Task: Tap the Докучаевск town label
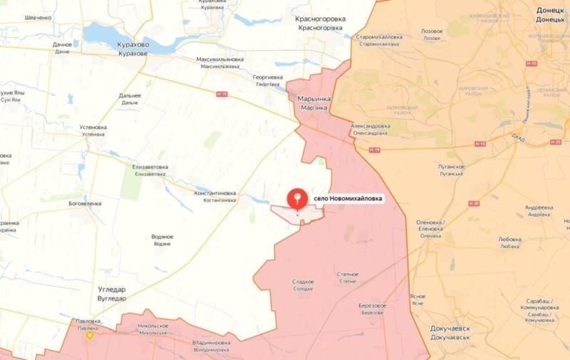(455, 329)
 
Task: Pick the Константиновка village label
(215, 193)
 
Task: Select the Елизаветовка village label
(150, 168)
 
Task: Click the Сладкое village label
(303, 282)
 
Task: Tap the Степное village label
(347, 274)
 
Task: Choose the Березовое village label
(372, 305)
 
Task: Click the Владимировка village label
(211, 343)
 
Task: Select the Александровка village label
(370, 126)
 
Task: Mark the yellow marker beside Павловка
(90, 335)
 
